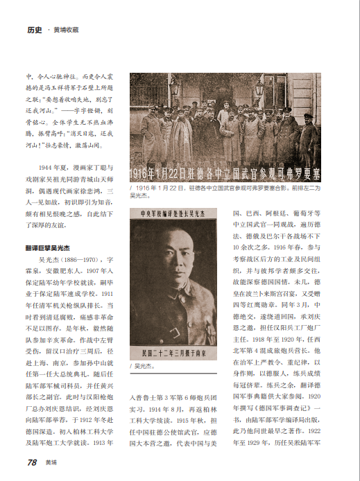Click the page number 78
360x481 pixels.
point(32,462)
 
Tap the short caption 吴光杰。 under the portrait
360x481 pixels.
point(144,365)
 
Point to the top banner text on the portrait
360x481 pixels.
point(173,214)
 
